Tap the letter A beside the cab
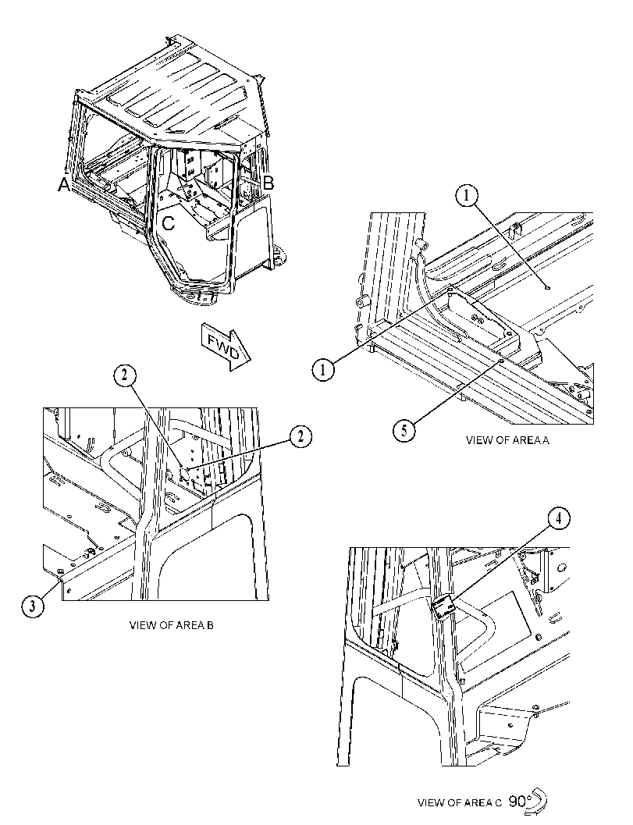tap(64, 185)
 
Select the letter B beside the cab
tap(268, 183)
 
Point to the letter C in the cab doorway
tap(168, 223)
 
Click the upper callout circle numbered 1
tap(467, 197)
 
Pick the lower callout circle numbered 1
tap(323, 369)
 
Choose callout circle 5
tap(404, 431)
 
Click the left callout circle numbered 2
tap(124, 375)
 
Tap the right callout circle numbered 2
tap(300, 436)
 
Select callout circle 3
tap(33, 606)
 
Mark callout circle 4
tap(559, 518)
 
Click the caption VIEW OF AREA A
tap(507, 440)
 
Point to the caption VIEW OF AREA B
tap(172, 626)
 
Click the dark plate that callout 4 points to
tap(443, 607)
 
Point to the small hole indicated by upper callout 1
tap(548, 288)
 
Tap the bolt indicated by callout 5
tap(501, 361)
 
